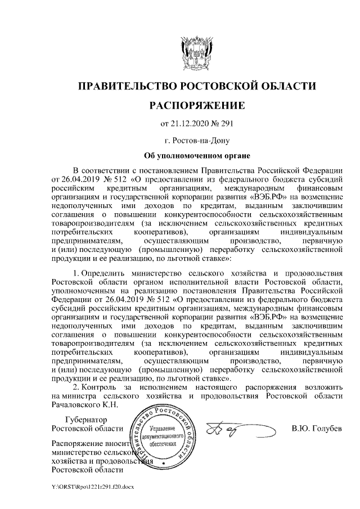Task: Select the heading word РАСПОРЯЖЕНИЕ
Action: pos(196,106)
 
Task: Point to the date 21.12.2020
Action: pos(190,124)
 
